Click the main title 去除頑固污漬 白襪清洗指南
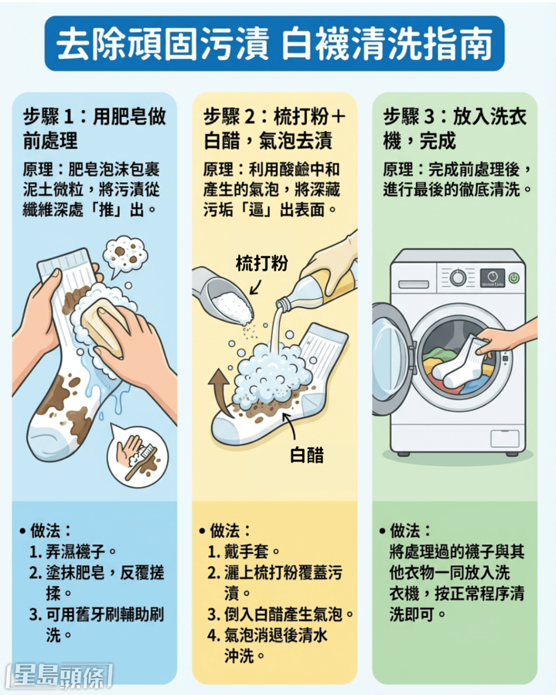pyautogui.click(x=274, y=43)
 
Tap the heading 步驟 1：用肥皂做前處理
pyautogui.click(x=94, y=128)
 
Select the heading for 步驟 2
pyautogui.click(x=274, y=128)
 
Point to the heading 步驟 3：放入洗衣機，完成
pyautogui.click(x=454, y=128)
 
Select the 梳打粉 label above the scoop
pyautogui.click(x=262, y=264)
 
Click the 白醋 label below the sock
pyautogui.click(x=307, y=455)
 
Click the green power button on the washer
pyautogui.click(x=514, y=278)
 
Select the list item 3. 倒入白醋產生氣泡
pyautogui.click(x=281, y=614)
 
